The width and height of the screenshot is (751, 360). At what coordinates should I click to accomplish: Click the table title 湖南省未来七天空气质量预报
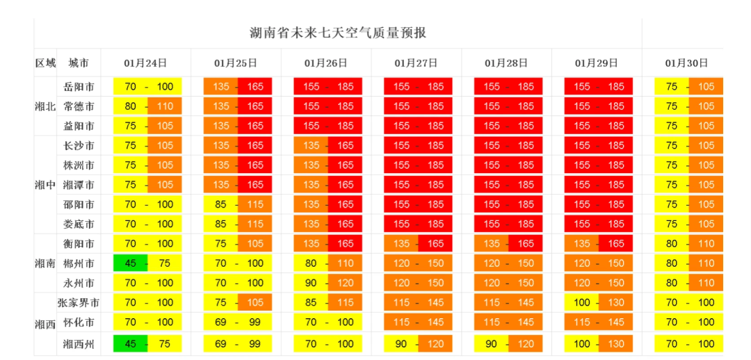pyautogui.click(x=338, y=33)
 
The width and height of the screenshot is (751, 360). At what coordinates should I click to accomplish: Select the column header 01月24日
pyautogui.click(x=146, y=63)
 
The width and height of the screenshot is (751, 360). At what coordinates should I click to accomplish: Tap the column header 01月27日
pyautogui.click(x=416, y=63)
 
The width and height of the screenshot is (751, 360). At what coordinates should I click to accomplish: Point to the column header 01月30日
pyautogui.click(x=686, y=63)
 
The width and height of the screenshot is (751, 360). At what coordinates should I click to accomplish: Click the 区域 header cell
pyautogui.click(x=45, y=63)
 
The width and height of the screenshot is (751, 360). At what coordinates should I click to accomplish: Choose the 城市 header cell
pyautogui.click(x=79, y=63)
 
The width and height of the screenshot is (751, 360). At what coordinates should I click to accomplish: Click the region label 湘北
pyautogui.click(x=45, y=106)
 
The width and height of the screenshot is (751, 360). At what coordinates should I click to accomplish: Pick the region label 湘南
pyautogui.click(x=45, y=263)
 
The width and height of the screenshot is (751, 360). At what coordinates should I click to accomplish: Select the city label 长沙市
pyautogui.click(x=79, y=145)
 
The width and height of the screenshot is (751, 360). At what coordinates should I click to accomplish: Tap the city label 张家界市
pyautogui.click(x=79, y=302)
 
